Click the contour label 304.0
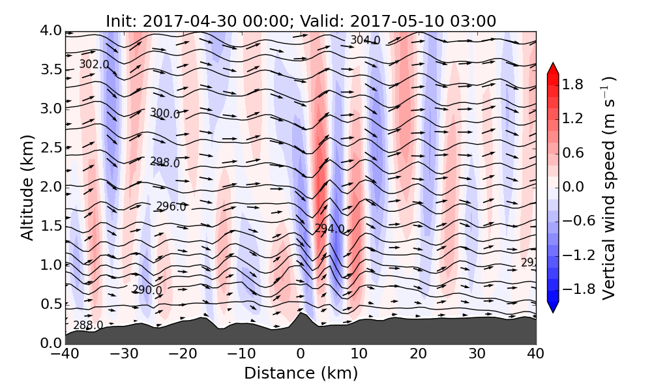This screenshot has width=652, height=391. [x=365, y=40]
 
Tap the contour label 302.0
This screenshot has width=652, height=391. [x=94, y=65]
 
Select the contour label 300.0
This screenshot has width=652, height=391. [x=165, y=113]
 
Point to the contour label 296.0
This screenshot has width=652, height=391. [x=171, y=207]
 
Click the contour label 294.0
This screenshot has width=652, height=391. [x=329, y=229]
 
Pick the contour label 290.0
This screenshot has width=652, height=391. [x=147, y=290]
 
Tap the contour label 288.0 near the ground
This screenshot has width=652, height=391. [x=88, y=325]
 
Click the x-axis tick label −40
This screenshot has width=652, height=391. [x=65, y=355]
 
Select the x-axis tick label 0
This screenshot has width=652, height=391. [x=301, y=355]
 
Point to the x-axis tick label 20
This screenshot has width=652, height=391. [x=419, y=355]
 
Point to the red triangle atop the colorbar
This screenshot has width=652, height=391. [x=552, y=68]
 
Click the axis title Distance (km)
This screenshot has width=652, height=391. [x=301, y=373]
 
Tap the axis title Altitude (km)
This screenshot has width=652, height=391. [x=27, y=187]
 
